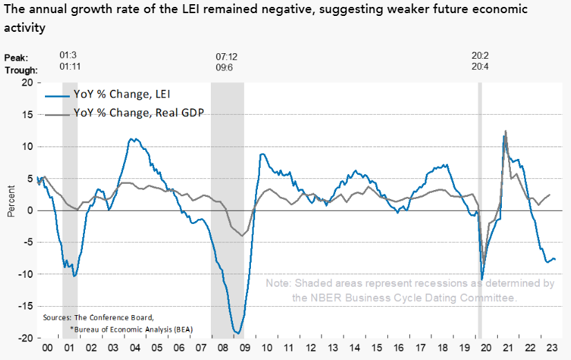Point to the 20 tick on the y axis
click(27, 82)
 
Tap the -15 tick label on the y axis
click(25, 306)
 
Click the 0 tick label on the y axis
click(30, 210)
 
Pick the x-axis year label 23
click(550, 350)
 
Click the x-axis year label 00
click(46, 350)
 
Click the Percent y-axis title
click(11, 201)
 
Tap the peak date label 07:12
click(227, 56)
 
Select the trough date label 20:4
click(481, 68)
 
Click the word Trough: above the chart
click(21, 69)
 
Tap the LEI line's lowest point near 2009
click(238, 334)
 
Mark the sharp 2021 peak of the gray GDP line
click(505, 131)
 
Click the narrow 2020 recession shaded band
click(480, 207)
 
